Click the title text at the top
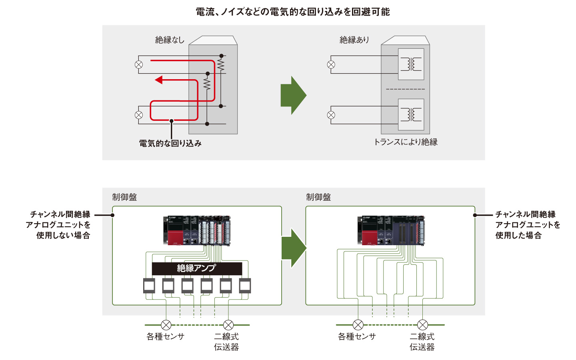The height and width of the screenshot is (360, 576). point(292,12)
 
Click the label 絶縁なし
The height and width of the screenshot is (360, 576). point(170,40)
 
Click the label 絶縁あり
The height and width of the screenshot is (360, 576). point(354,40)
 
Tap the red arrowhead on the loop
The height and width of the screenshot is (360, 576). point(159,80)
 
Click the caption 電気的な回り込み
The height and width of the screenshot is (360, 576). point(170,143)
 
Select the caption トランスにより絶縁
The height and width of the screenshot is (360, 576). point(405,142)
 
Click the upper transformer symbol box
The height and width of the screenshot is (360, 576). point(411,64)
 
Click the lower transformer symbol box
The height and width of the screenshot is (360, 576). point(411,114)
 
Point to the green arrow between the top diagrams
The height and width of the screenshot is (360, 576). point(293,95)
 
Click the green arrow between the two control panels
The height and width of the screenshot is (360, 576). point(294,248)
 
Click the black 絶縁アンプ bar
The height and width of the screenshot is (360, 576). point(197,268)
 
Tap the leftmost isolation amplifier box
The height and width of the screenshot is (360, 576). point(149,286)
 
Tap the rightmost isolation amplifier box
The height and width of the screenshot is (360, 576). point(245,286)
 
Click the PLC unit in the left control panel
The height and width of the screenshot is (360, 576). point(197,230)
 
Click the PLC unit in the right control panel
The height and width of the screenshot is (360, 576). point(390,230)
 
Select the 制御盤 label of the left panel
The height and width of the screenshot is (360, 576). point(124,197)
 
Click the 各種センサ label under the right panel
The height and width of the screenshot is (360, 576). point(357,336)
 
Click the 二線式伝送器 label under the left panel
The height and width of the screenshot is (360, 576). point(226,342)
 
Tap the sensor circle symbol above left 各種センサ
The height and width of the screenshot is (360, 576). point(166,325)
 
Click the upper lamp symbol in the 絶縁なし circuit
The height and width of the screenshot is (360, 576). point(139,64)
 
